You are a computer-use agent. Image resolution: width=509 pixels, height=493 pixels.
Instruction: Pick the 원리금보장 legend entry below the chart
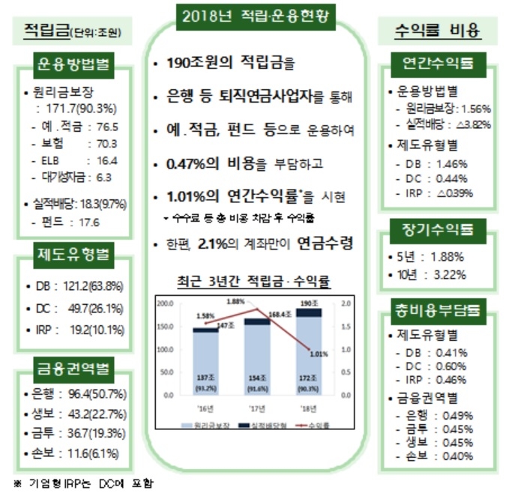tap(214, 424)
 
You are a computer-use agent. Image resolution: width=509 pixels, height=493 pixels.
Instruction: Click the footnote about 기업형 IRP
tap(82, 483)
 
